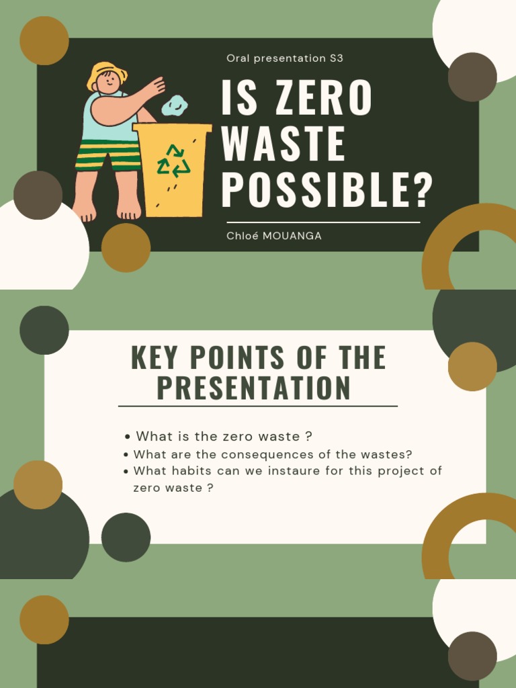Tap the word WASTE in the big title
(x=283, y=144)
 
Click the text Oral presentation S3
(x=285, y=58)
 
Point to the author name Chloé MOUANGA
(x=274, y=236)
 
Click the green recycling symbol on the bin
(x=173, y=161)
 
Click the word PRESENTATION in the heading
(x=254, y=388)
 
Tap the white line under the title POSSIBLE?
(x=323, y=222)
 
